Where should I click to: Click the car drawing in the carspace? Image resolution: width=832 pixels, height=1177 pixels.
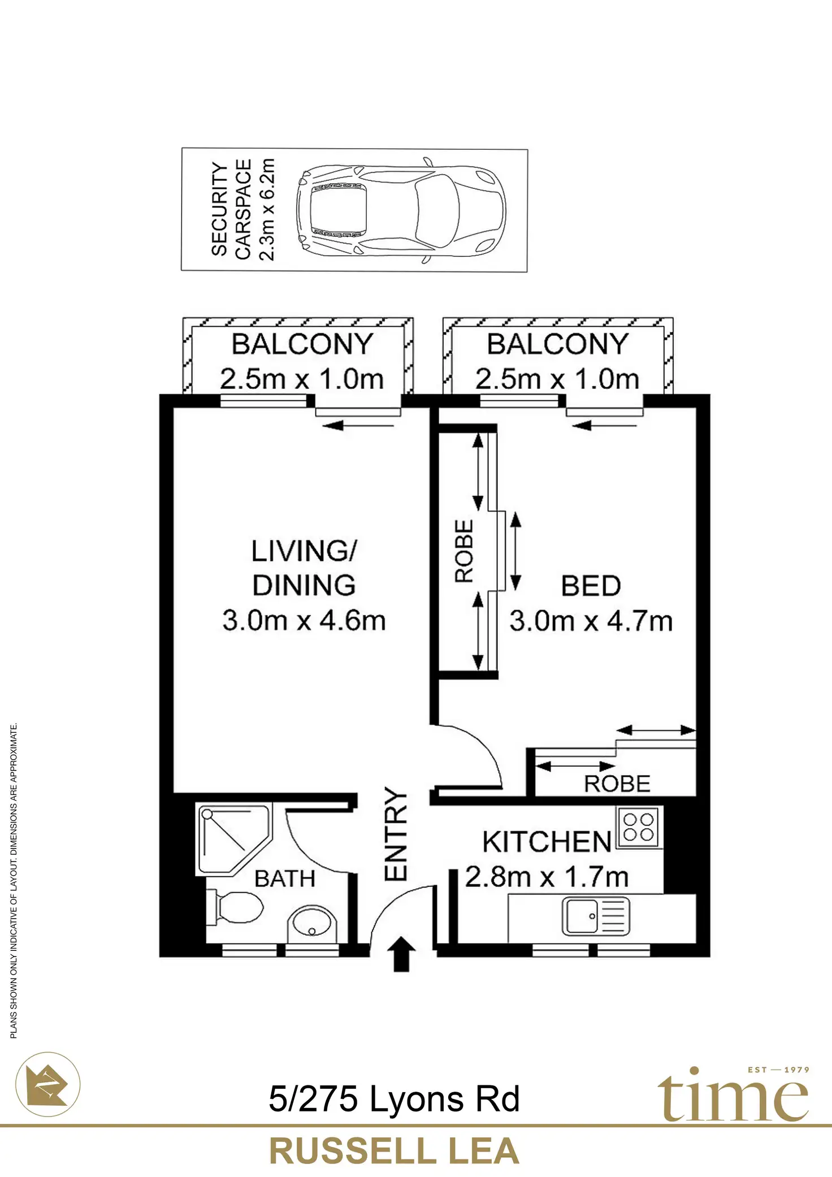400,210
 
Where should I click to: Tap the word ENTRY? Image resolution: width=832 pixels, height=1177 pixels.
396,834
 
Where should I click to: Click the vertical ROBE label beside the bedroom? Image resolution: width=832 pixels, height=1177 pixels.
464,551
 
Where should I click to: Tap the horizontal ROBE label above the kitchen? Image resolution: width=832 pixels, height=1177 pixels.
617,784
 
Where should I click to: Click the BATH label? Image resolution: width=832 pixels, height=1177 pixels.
285,879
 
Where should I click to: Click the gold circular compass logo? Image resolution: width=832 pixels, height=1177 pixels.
49,1084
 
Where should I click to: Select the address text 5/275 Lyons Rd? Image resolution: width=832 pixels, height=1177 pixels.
394,1099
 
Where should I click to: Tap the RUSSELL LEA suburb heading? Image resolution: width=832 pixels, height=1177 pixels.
394,1152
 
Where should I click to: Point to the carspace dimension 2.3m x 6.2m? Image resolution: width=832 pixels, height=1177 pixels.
266,210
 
